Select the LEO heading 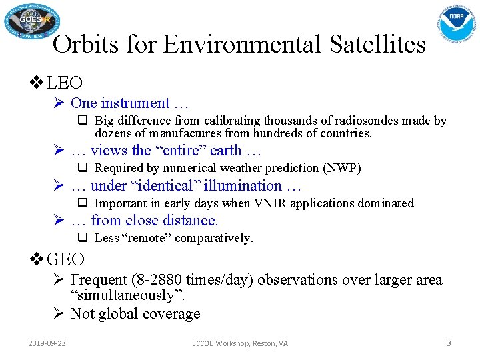pos(65,83)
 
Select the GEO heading pos(66,259)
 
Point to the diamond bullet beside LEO pos(37,83)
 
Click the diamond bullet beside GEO pos(37,259)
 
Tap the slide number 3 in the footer pos(449,343)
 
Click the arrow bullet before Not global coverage pos(59,313)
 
